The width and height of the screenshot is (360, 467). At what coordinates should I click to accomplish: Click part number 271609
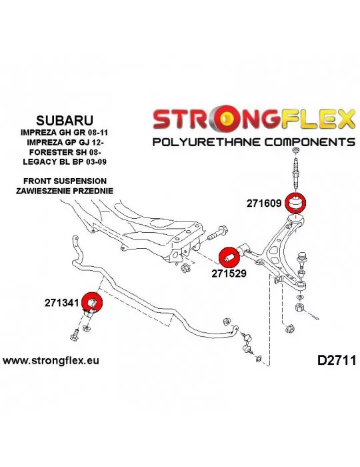pyautogui.click(x=263, y=203)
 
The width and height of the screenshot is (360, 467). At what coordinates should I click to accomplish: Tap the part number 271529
pyautogui.click(x=229, y=273)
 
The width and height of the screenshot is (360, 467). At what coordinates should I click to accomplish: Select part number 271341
pyautogui.click(x=62, y=303)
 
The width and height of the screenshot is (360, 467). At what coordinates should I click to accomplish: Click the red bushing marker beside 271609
pyautogui.click(x=295, y=203)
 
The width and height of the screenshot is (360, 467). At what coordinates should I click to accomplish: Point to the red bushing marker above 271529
pyautogui.click(x=229, y=258)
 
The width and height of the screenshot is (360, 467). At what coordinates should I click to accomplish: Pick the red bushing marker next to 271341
pyautogui.click(x=92, y=302)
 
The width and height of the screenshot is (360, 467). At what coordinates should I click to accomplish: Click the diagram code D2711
pyautogui.click(x=337, y=360)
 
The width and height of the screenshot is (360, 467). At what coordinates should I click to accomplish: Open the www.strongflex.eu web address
pyautogui.click(x=51, y=361)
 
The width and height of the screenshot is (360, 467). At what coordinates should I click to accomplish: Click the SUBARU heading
pyautogui.click(x=65, y=120)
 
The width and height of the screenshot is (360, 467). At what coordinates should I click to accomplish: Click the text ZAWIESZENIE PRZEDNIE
pyautogui.click(x=65, y=191)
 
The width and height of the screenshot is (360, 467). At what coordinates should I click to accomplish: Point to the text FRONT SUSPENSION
pyautogui.click(x=65, y=181)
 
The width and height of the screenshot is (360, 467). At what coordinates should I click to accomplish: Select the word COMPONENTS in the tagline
pyautogui.click(x=309, y=141)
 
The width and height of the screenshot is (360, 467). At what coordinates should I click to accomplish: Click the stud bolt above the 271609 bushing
pyautogui.click(x=295, y=173)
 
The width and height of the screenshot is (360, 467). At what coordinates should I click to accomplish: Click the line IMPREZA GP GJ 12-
pyautogui.click(x=65, y=142)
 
